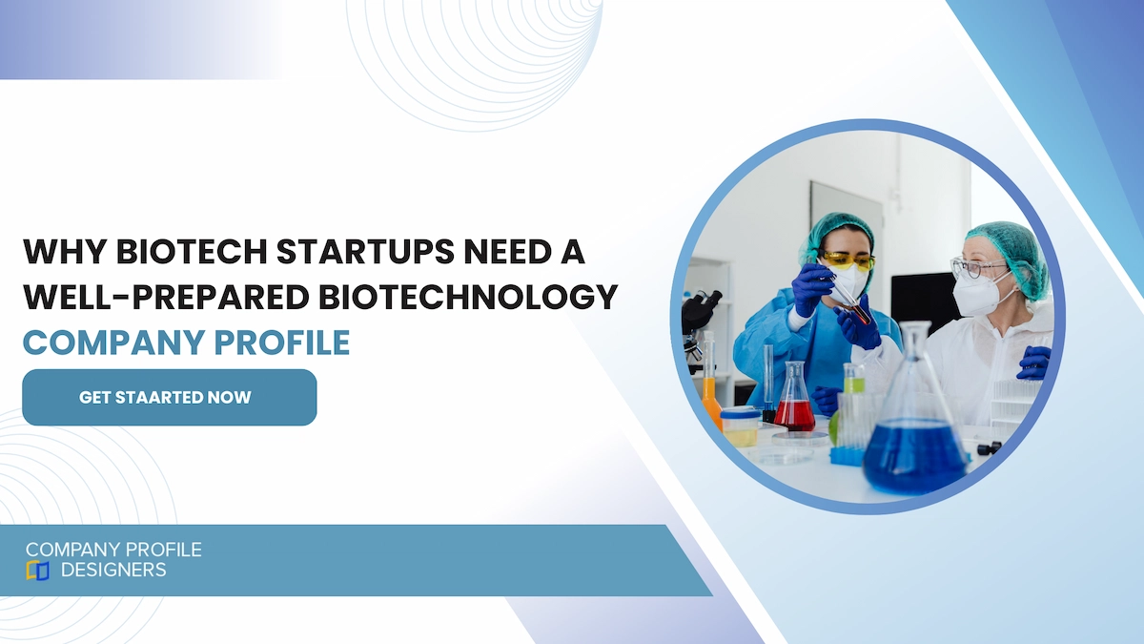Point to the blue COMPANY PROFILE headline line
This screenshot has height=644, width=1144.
(x=186, y=343)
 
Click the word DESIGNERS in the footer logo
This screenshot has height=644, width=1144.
(x=113, y=571)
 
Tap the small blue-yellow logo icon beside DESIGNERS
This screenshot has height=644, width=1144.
(x=38, y=571)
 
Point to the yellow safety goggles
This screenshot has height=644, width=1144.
(x=848, y=260)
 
